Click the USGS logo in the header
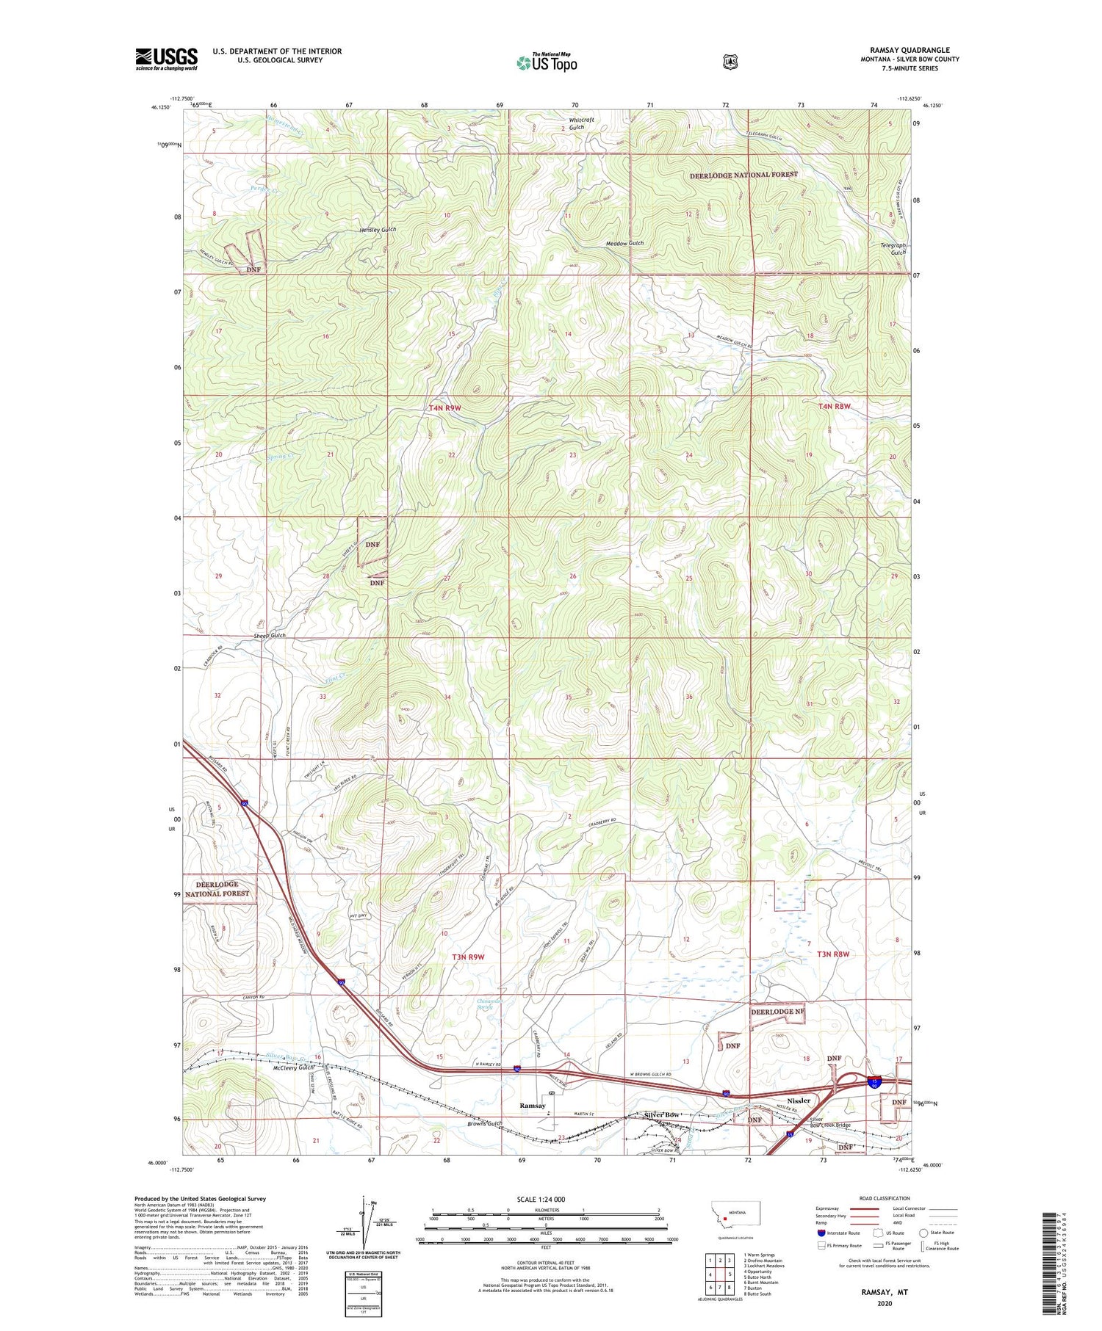coord(167,59)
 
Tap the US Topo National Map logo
coord(547,62)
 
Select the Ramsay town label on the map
coord(533,1105)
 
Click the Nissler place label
coord(799,1100)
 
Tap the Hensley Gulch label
coord(378,230)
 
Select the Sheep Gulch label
coord(269,635)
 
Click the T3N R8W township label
coord(832,954)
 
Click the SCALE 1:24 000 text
coord(546,1200)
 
